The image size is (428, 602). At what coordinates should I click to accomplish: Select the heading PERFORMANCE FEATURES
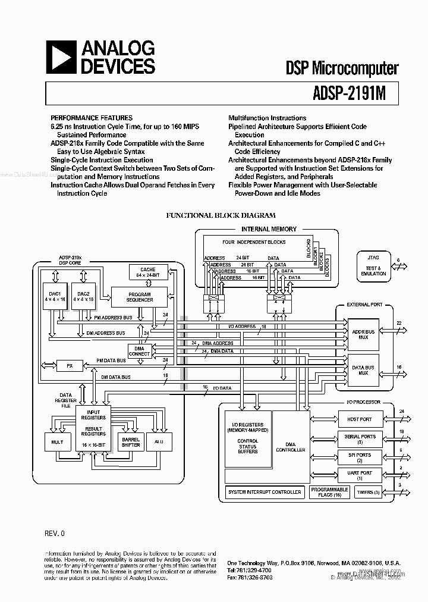pos(92,118)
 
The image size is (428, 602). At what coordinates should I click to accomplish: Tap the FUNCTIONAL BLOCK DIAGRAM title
pos(221,215)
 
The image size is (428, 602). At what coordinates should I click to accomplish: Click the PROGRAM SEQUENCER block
pos(140,297)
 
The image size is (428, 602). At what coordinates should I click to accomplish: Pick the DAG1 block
pos(55,297)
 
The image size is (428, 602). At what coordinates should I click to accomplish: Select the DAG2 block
pos(83,297)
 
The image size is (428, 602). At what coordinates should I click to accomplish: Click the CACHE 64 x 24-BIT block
pos(147,272)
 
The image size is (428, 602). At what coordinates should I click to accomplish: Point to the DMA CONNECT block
pos(140,350)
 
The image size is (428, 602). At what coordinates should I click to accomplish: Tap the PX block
pos(70,365)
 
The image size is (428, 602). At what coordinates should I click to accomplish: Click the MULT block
pos(58,442)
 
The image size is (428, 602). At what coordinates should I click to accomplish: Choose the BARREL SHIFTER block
pos(131,442)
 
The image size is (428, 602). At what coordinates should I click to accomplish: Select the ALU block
pos(159,442)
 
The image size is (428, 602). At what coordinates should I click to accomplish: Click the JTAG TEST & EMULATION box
pos(373,265)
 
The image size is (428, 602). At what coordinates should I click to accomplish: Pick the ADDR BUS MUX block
pos(363,334)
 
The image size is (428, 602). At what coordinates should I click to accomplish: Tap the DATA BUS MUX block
pos(363,370)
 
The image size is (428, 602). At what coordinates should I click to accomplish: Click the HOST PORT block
pos(359,419)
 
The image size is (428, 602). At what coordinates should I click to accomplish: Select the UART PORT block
pos(359,475)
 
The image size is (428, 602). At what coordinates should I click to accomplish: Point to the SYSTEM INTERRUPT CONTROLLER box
pos(265,492)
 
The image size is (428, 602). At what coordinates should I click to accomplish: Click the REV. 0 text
pos(54,533)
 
